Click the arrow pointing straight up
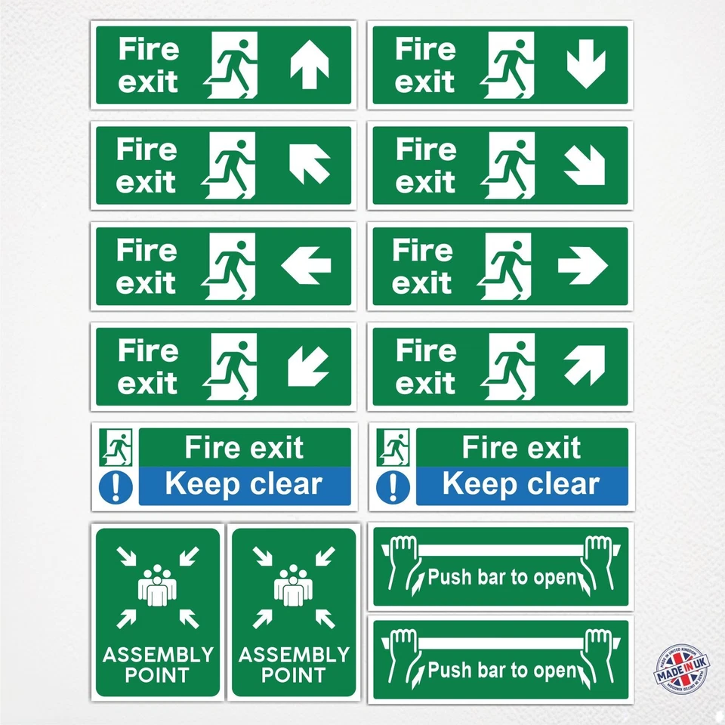[x=310, y=66]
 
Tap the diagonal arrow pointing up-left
[x=310, y=164]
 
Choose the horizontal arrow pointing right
[x=582, y=265]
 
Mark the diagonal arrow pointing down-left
[x=308, y=366]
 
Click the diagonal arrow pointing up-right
[x=585, y=365]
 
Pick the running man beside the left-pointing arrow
[x=232, y=265]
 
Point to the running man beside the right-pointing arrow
[x=508, y=265]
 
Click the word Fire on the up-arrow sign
[x=149, y=50]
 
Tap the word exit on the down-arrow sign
[x=425, y=82]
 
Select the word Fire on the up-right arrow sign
[x=426, y=350]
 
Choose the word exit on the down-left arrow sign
[x=148, y=384]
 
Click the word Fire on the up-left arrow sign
[x=147, y=150]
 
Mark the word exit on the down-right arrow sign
[x=425, y=182]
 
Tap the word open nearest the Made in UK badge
[x=555, y=670]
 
